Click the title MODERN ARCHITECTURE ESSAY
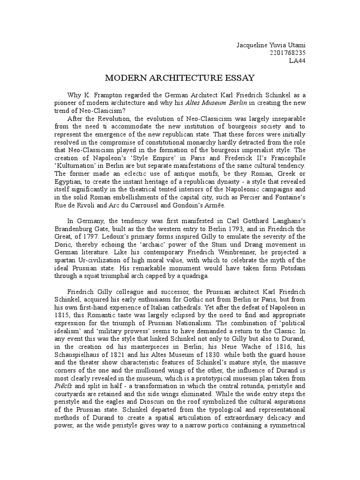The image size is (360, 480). coord(180,78)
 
